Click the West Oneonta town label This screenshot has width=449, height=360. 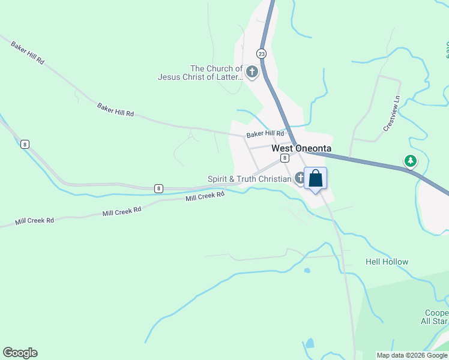301,148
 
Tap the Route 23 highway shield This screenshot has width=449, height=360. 261,53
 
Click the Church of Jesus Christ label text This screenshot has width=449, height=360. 200,73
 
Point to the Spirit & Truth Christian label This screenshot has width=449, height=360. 249,179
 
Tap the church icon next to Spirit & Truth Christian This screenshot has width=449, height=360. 300,178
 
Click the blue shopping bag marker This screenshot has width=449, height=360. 316,179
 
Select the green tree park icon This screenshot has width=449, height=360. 411,161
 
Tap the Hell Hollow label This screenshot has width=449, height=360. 387,262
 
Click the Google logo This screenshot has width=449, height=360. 20,353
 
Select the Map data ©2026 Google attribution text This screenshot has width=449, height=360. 412,355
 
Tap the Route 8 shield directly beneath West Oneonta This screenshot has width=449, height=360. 285,158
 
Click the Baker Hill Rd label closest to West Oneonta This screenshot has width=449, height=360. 265,134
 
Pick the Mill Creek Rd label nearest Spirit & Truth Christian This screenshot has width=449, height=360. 205,196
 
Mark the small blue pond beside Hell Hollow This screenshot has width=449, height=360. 307,271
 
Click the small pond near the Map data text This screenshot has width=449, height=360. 310,344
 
